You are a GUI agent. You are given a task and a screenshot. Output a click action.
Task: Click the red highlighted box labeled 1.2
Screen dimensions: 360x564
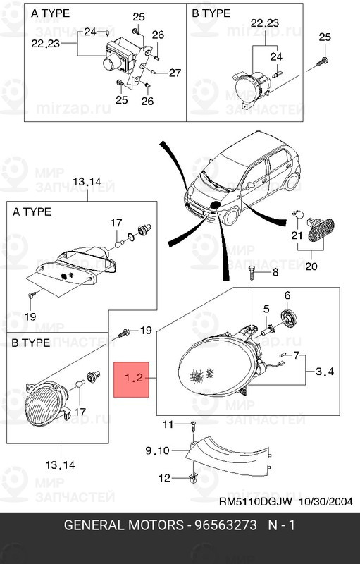pyautogui.click(x=131, y=379)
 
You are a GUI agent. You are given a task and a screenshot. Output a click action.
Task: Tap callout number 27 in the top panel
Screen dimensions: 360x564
pyautogui.click(x=175, y=73)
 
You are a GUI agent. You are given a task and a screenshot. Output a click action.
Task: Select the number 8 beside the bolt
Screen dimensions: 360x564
pyautogui.click(x=275, y=272)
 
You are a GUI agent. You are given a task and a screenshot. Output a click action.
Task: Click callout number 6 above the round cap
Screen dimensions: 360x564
pyautogui.click(x=287, y=295)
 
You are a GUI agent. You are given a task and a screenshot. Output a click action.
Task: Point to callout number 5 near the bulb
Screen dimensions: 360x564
pyautogui.click(x=266, y=309)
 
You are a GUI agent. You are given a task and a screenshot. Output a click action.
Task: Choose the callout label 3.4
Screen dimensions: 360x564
pyautogui.click(x=325, y=371)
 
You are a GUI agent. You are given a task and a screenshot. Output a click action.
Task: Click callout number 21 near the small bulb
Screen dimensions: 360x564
pyautogui.click(x=297, y=235)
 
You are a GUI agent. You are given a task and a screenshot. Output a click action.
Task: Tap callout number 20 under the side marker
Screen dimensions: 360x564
pyautogui.click(x=311, y=266)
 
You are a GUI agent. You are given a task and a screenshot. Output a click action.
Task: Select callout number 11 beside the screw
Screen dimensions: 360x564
pyautogui.click(x=168, y=424)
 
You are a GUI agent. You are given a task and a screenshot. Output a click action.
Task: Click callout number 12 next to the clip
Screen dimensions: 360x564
pyautogui.click(x=164, y=478)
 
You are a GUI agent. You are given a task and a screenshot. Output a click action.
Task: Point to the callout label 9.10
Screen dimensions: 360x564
pyautogui.click(x=157, y=450)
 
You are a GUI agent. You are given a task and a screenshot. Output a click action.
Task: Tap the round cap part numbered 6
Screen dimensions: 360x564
pyautogui.click(x=289, y=318)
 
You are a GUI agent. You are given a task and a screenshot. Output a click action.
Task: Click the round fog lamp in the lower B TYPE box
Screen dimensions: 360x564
pyautogui.click(x=43, y=403)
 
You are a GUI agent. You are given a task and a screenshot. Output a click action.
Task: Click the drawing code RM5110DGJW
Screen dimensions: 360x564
pyautogui.click(x=256, y=502)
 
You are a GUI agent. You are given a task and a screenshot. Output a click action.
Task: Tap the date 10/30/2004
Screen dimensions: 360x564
pyautogui.click(x=326, y=502)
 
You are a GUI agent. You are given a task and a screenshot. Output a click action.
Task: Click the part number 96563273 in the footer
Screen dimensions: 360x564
pyautogui.click(x=225, y=525)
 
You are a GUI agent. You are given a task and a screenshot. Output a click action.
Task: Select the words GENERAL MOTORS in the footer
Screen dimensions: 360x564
pyautogui.click(x=123, y=525)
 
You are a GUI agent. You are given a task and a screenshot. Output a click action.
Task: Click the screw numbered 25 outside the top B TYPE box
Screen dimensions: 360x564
pyautogui.click(x=322, y=61)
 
